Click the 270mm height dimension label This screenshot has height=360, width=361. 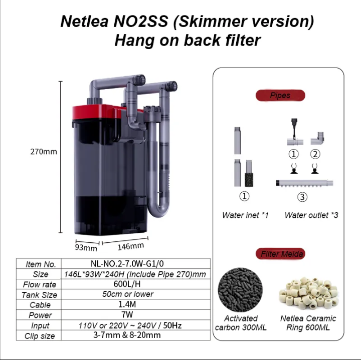[43, 151]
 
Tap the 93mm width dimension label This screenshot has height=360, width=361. [86, 247]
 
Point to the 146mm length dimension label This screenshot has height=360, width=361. [130, 246]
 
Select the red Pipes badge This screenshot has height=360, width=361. [280, 95]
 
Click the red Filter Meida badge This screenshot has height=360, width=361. [282, 254]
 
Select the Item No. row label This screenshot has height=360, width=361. [40, 264]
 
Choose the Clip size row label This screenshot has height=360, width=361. [40, 335]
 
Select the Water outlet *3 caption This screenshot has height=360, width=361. [311, 215]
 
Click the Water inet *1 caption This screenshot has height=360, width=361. [245, 215]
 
